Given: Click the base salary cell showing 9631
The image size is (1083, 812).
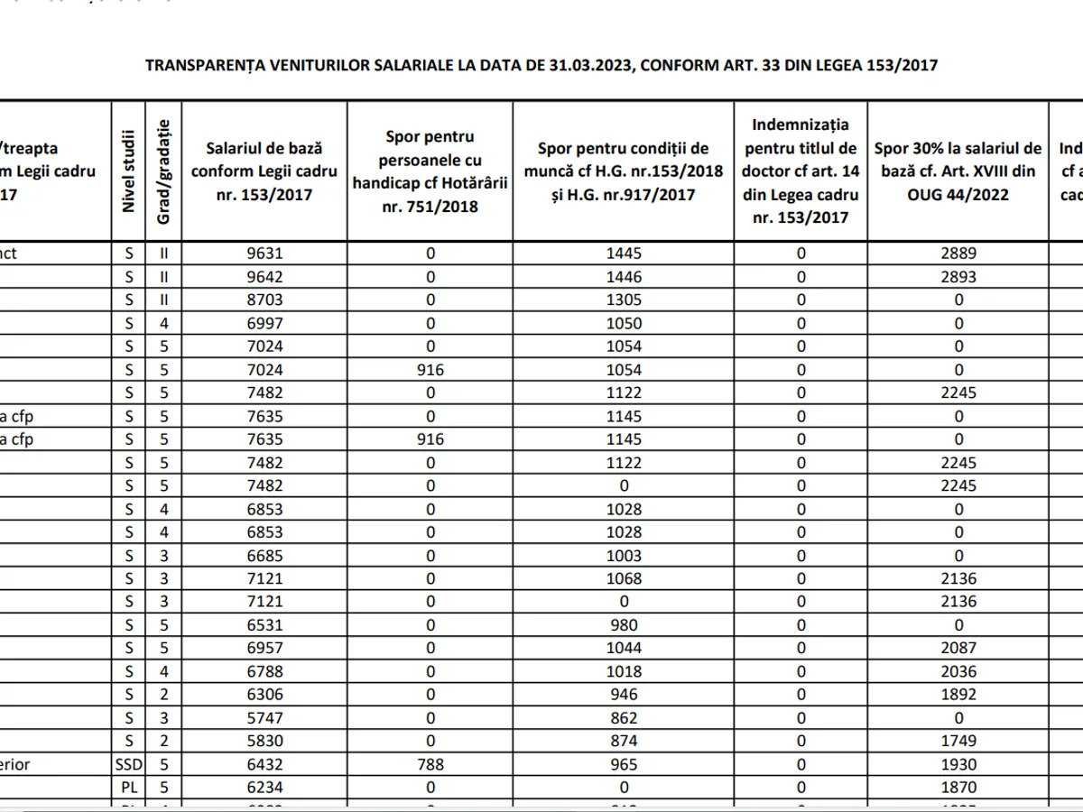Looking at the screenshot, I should point(264,254).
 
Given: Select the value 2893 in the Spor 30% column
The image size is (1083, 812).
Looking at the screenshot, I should point(958,277).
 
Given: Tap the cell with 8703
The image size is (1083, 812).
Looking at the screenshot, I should point(264,300).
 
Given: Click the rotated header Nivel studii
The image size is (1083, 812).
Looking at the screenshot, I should point(128,171).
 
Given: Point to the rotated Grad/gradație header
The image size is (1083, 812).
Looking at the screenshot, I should point(164,171).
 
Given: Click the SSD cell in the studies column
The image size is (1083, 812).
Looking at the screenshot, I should point(128,764).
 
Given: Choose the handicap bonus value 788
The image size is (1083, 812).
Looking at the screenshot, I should point(430,764).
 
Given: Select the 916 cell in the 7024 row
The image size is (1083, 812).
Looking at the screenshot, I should point(430,370).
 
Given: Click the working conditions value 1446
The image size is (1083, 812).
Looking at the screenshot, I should point(624,277).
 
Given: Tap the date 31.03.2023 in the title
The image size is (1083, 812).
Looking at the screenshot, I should point(588,65).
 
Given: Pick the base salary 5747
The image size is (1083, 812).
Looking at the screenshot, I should point(264,718).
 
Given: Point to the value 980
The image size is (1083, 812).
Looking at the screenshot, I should point(624,625).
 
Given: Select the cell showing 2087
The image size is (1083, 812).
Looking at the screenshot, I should point(958,648).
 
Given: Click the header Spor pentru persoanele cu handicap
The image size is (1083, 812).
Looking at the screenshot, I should point(430,171).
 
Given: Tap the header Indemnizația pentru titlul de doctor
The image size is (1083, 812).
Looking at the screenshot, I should point(801,171).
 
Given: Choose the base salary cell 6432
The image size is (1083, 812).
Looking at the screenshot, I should point(264,764).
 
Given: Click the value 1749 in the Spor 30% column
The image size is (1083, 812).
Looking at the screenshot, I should point(958,741).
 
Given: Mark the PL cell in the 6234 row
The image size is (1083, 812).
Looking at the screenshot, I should point(128,787).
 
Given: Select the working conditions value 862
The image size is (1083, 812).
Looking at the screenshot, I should point(624,718).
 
